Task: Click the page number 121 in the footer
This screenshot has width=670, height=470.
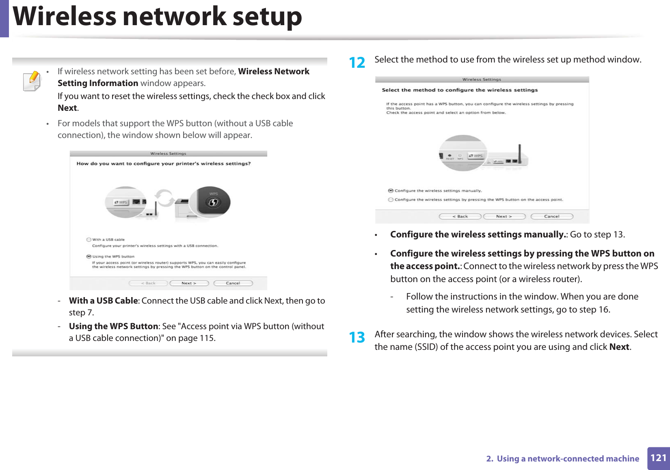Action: (x=658, y=458)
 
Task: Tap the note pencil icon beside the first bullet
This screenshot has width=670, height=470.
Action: (x=32, y=81)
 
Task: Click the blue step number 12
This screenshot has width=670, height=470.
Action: (x=357, y=63)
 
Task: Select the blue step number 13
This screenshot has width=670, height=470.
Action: (x=357, y=337)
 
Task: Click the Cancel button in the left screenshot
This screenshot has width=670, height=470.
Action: (x=233, y=283)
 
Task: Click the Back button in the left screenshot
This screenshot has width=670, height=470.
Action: (x=148, y=283)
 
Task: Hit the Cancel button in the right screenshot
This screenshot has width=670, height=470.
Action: (x=551, y=216)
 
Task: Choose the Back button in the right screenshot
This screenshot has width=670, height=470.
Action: (x=460, y=216)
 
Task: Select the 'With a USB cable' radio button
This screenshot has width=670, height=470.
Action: (x=89, y=239)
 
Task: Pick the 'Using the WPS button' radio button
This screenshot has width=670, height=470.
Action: (x=89, y=257)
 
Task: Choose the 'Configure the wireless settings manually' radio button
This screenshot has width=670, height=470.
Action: (x=391, y=190)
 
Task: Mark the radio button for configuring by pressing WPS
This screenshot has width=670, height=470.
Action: (x=391, y=200)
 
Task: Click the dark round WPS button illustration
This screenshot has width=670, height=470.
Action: (x=214, y=201)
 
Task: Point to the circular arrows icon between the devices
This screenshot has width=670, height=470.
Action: (x=165, y=198)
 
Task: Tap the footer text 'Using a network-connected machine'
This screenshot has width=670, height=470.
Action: (x=568, y=459)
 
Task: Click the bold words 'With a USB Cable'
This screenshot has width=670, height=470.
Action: (x=103, y=301)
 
